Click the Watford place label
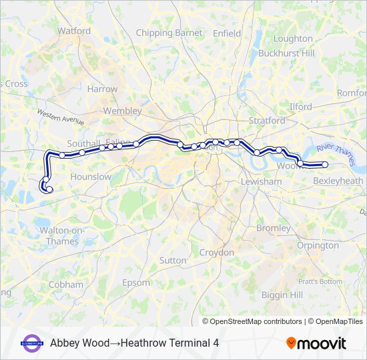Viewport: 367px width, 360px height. (74, 31)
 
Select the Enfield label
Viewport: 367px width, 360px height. (226, 33)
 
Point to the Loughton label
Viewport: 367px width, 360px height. (292, 39)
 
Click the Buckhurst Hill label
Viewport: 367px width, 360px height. (286, 53)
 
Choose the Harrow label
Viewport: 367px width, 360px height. (102, 89)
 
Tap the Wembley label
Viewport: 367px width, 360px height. (123, 111)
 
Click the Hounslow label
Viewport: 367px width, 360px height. (91, 177)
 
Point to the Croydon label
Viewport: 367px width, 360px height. (217, 253)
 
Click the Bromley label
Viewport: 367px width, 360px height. (274, 228)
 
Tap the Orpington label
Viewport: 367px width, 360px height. (318, 245)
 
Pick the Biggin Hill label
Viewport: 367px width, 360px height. (282, 295)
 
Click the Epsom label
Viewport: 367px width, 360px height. (137, 283)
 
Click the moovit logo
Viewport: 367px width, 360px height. (316, 343)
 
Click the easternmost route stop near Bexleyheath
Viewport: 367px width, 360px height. (325, 165)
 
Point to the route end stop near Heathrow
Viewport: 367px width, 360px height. (49, 189)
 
